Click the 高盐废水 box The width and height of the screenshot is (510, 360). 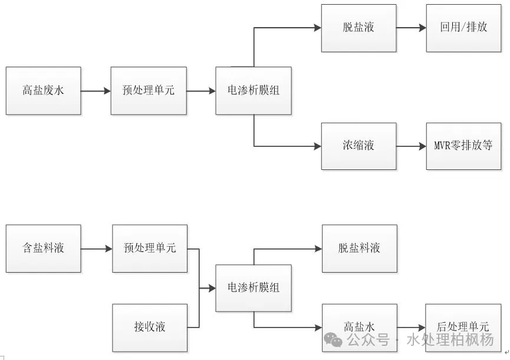[x=43, y=91]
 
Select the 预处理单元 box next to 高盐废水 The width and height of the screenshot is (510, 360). [x=149, y=91]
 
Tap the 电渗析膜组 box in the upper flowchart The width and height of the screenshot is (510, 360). [x=254, y=91]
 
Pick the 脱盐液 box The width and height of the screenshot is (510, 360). [x=359, y=28]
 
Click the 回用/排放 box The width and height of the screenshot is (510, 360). [x=463, y=28]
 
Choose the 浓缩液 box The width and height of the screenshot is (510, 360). [x=359, y=146]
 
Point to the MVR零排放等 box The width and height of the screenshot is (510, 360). [x=463, y=146]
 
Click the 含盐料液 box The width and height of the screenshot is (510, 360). [x=43, y=248]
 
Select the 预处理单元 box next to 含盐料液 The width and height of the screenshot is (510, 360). [x=150, y=248]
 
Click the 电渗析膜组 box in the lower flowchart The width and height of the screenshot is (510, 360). [x=254, y=288]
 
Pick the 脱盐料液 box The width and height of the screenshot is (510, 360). [x=359, y=248]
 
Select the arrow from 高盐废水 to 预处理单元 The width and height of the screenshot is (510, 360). [x=96, y=91]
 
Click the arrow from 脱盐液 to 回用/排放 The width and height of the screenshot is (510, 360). [x=412, y=28]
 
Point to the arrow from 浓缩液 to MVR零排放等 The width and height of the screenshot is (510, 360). [x=412, y=146]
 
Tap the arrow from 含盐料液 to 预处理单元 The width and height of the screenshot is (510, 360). [x=96, y=248]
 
